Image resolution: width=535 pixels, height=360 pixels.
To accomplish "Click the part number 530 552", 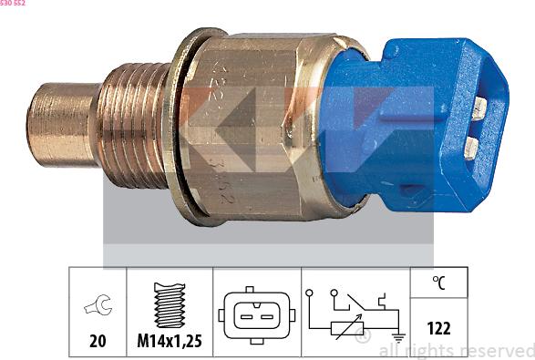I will click(13, 4).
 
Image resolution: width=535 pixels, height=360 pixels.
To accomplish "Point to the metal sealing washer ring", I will click(186, 128).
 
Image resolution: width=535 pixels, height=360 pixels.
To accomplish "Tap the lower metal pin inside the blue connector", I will click(471, 149).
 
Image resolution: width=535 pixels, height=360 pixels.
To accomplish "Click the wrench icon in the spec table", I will click(94, 307).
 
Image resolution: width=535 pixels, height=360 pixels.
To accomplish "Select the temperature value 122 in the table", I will click(439, 328).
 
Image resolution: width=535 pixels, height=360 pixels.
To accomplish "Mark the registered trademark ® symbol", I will click(362, 338).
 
